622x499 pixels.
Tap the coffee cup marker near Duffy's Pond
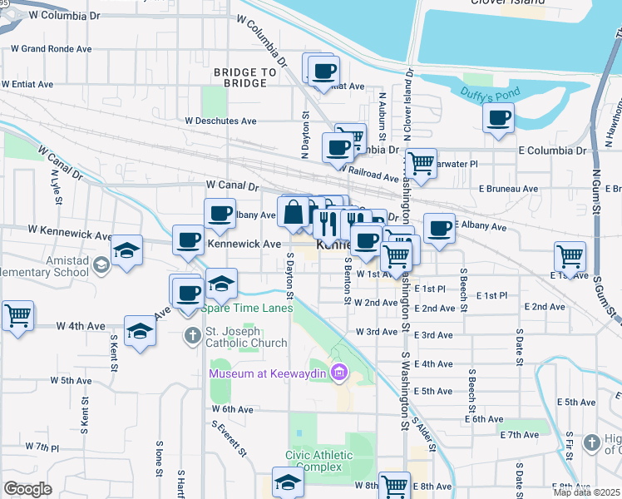tap(498, 117)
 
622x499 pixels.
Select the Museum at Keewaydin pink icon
tap(338, 373)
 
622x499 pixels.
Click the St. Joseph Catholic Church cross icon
tap(192, 336)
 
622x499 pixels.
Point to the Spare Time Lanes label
tap(247, 309)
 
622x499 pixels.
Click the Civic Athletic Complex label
tap(318, 461)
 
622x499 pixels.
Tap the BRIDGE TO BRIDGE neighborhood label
tap(244, 77)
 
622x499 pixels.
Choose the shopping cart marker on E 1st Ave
tap(570, 255)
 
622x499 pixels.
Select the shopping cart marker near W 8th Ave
tap(394, 486)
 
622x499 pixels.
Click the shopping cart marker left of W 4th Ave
tap(17, 315)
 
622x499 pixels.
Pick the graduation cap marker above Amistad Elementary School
tap(126, 250)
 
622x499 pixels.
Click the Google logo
tap(27, 489)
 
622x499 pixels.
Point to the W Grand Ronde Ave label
tap(52, 49)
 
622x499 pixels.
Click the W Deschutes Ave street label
tap(220, 121)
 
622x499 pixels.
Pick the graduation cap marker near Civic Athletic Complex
tap(288, 483)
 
